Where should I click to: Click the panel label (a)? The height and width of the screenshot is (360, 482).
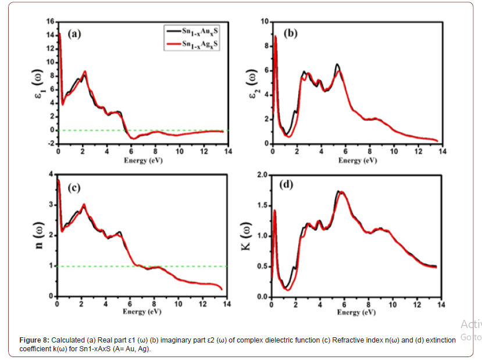tap(74, 34)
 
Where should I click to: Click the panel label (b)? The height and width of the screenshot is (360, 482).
tap(290, 34)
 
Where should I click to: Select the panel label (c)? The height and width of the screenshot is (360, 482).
tap(74, 187)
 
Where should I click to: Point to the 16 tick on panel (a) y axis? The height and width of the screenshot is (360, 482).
tap(50, 22)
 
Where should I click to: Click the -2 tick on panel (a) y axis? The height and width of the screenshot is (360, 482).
tap(50, 144)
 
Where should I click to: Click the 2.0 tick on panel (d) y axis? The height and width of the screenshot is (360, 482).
tap(261, 176)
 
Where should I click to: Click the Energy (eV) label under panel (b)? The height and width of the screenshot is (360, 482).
tap(358, 160)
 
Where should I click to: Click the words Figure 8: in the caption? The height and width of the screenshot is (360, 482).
tap(35, 340)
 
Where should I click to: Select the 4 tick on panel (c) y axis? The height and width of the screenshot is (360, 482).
tap(51, 175)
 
